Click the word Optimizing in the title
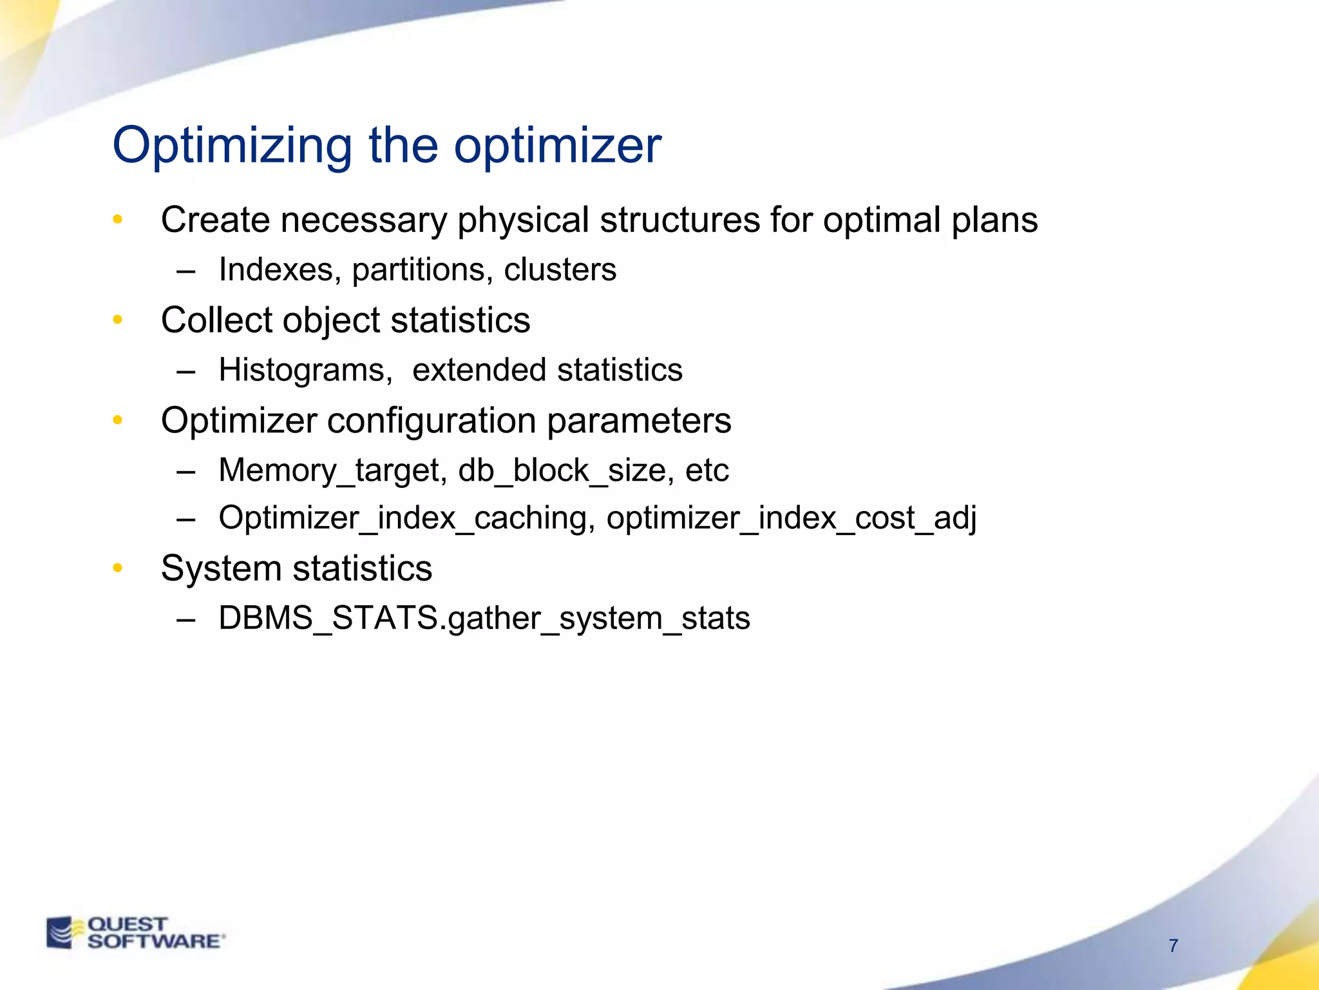point(232,147)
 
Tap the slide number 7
point(1173,946)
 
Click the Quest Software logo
point(135,933)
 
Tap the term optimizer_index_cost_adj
point(791,518)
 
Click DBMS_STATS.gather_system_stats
point(484,618)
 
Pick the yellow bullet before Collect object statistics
point(117,320)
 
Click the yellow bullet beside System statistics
point(117,568)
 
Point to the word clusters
point(560,269)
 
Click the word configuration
point(432,421)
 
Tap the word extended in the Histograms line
point(479,371)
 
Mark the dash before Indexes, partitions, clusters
point(185,271)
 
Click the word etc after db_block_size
point(707,471)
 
